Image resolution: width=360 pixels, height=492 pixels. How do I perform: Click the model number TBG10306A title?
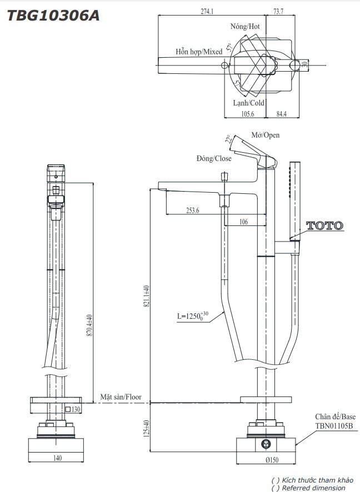53,16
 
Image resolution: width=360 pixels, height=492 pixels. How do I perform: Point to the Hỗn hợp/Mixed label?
199,51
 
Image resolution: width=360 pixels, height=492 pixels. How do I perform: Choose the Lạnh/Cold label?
248,103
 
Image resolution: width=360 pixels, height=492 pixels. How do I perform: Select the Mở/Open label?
266,135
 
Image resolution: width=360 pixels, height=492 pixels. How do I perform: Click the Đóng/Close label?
214,158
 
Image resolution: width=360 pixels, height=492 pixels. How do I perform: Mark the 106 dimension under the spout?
243,222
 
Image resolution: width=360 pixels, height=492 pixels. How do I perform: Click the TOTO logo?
325,225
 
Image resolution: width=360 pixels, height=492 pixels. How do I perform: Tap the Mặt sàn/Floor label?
121,397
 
